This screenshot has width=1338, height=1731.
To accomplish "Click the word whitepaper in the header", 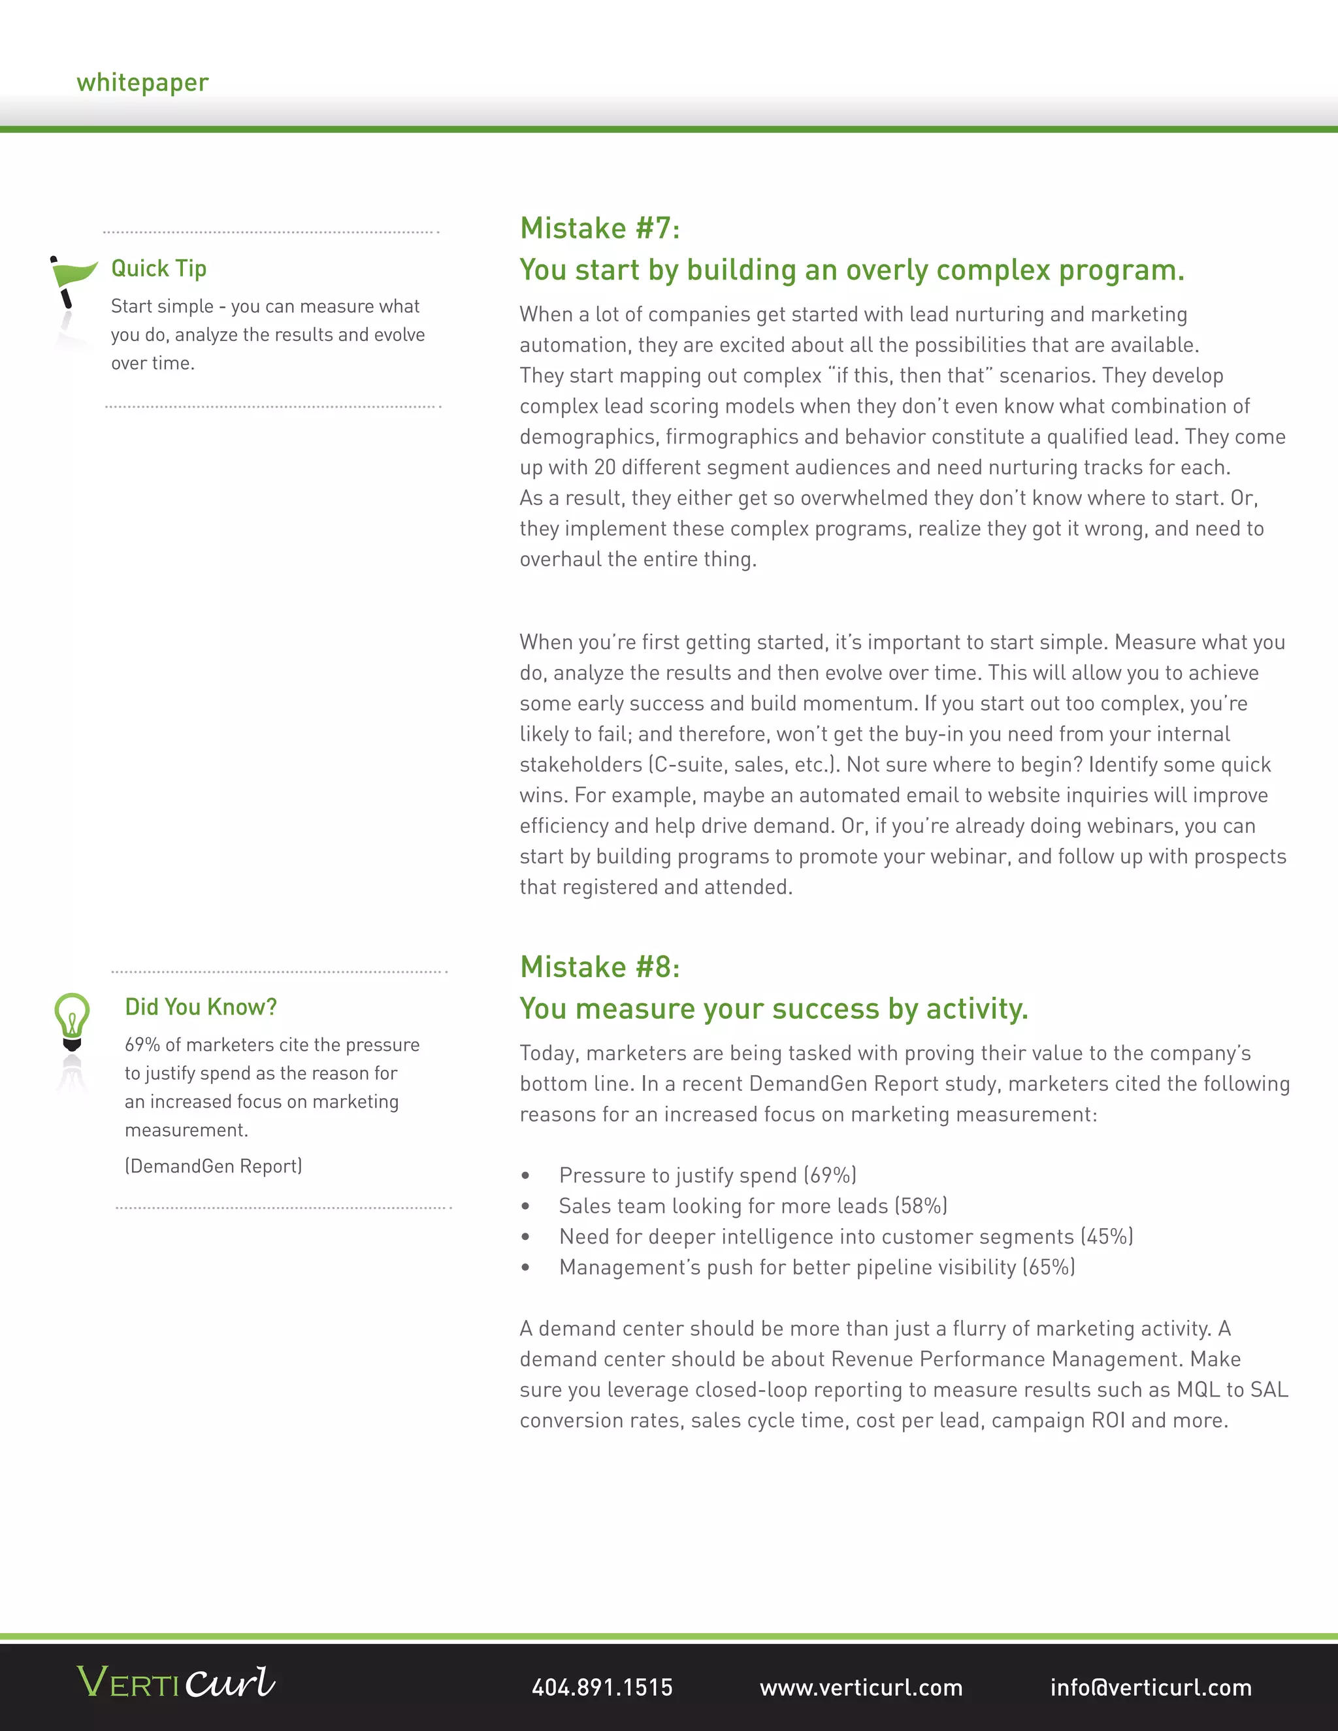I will click(142, 82).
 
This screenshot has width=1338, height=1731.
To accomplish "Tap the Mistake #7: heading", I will click(599, 228).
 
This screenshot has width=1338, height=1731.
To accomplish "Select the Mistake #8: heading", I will click(599, 967).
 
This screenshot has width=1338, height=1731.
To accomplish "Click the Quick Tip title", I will click(159, 268).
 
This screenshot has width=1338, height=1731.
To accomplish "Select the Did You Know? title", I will click(201, 1007).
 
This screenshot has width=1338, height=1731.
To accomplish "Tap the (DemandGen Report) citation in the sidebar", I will click(213, 1166).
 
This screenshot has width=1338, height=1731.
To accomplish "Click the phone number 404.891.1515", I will click(602, 1687).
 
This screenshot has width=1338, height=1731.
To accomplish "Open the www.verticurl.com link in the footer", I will click(861, 1687).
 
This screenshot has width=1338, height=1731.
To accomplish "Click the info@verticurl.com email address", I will click(1151, 1687).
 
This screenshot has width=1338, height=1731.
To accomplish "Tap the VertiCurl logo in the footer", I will click(176, 1682).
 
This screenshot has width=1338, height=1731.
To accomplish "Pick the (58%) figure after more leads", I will click(921, 1206).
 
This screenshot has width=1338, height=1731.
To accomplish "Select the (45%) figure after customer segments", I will click(1107, 1237).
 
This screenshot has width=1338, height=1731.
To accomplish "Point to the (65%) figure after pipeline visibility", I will click(1048, 1267).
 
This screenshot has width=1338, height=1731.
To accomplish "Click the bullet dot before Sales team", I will click(525, 1206).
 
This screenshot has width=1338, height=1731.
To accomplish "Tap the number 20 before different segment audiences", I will click(605, 468).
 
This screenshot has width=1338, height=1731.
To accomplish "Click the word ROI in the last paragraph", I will click(1108, 1420).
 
